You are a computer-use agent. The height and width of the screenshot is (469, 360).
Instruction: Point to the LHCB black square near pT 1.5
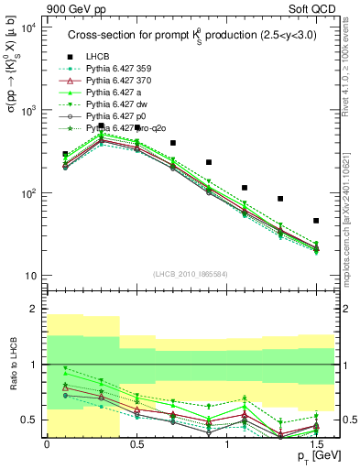pos(316,221)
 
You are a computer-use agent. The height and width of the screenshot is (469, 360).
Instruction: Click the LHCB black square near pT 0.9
pos(209,162)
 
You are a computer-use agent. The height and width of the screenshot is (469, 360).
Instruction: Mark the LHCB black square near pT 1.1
pos(245,188)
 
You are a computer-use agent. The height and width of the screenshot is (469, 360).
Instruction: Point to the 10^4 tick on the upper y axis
pos(27,27)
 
